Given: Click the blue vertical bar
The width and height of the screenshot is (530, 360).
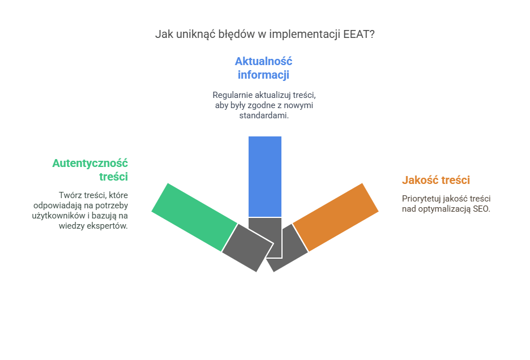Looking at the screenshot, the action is [x=265, y=177].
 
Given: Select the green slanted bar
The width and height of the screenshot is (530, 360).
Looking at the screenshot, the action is [x=194, y=217].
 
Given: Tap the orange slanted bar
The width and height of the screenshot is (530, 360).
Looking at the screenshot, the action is [x=335, y=217].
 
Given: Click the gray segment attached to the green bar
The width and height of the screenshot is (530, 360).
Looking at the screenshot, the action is [x=248, y=248].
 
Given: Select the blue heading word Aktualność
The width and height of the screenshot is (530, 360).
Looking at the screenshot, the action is [x=264, y=61].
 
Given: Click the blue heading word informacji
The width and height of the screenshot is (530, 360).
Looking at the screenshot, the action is [x=264, y=75].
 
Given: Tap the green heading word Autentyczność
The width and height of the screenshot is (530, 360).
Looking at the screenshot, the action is [x=90, y=163].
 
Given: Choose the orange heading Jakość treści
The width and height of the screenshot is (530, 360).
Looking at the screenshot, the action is [x=436, y=180].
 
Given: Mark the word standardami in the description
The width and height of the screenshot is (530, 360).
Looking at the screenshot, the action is [x=264, y=115].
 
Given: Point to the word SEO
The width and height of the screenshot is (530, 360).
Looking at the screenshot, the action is [x=481, y=209].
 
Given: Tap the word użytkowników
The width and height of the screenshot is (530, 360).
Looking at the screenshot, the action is [x=58, y=216].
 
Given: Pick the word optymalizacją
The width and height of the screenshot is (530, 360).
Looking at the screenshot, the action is [x=444, y=209].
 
